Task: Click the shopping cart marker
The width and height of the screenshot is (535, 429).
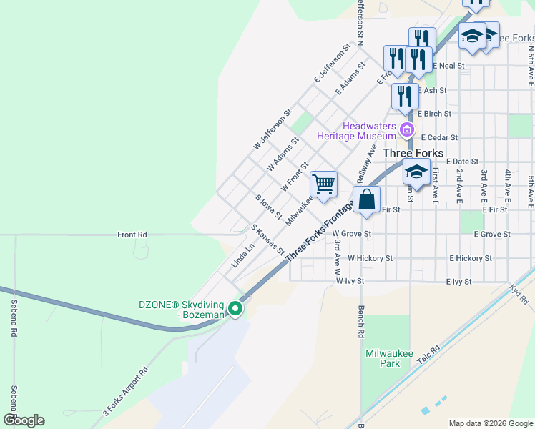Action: (x=323, y=184)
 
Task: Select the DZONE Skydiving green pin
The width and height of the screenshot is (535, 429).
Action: (x=235, y=310)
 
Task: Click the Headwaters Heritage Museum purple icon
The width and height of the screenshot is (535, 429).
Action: (x=407, y=130)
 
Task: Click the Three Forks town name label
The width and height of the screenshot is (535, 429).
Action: (x=413, y=153)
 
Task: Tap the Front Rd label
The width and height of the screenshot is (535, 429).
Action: (x=132, y=235)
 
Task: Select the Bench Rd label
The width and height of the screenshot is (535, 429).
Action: (x=362, y=324)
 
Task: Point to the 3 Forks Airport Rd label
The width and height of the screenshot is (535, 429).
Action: (x=126, y=392)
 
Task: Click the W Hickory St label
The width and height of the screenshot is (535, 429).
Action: (x=370, y=258)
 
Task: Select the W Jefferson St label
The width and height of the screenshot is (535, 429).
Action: (x=273, y=129)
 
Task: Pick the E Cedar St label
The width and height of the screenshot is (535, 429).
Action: (x=439, y=137)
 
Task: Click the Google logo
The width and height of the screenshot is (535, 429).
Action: (x=24, y=420)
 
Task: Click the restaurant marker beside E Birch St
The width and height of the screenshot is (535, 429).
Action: (x=405, y=97)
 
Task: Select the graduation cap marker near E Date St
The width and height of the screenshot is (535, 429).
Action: (x=416, y=172)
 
